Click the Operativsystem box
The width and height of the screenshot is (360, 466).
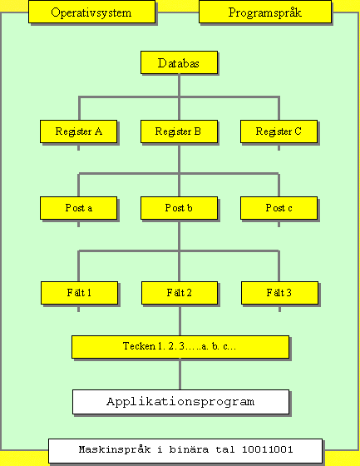[x=91, y=12]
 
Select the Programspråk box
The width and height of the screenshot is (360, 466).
[x=265, y=12]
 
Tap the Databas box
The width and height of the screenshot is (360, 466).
[x=179, y=62]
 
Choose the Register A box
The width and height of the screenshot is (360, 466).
[x=79, y=131]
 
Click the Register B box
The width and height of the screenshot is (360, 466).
[x=179, y=131]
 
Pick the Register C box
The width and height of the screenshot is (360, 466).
[x=279, y=131]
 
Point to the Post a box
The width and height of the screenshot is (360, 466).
[x=79, y=208]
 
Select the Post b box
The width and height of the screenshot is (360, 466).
[x=179, y=208]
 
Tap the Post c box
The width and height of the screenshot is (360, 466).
[x=279, y=208]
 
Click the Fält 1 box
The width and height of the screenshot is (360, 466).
[x=79, y=293]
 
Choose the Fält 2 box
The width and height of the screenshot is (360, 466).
[x=180, y=293]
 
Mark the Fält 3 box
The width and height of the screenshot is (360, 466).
[x=280, y=293]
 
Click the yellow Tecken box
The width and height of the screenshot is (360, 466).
[x=180, y=347]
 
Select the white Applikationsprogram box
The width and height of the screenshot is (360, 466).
[x=181, y=402]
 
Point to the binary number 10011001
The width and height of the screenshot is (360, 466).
[x=268, y=449]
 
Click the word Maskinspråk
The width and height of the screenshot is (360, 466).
[x=115, y=450]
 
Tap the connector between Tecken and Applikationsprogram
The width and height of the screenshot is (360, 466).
[x=180, y=374]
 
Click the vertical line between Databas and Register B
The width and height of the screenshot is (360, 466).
[x=179, y=97]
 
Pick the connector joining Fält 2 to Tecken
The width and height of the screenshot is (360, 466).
[x=180, y=320]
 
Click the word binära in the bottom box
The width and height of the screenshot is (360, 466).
[x=189, y=449]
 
